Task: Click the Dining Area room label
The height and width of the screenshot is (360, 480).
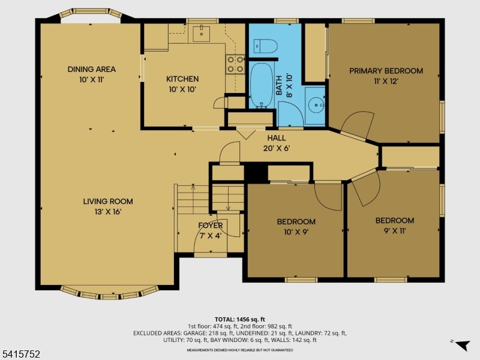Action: click(91, 74)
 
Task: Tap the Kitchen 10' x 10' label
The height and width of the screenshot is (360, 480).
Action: click(182, 84)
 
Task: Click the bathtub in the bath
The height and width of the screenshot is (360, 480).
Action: click(260, 86)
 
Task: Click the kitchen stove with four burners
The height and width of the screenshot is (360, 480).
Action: click(235, 64)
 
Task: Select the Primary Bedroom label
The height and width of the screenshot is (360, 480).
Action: click(386, 75)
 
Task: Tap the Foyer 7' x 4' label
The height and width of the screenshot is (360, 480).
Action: click(210, 230)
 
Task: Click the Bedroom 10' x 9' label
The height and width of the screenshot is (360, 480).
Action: click(296, 226)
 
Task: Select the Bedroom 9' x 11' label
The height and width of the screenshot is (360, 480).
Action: click(394, 225)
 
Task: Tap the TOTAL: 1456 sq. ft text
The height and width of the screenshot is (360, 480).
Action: click(240, 319)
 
